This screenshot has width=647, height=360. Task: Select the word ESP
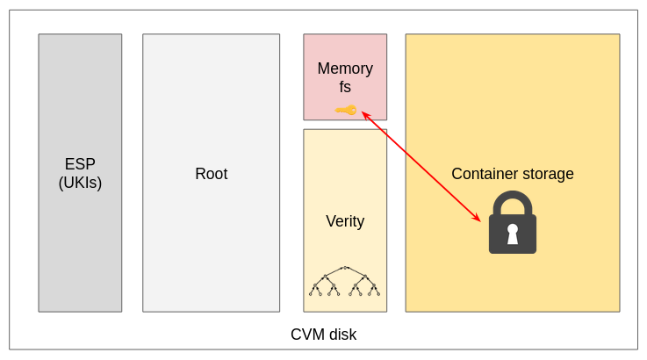tap(80, 164)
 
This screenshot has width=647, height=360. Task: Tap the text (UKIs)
tap(80, 183)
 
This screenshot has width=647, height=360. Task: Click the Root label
tap(211, 174)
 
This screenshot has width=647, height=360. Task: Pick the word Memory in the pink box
tap(345, 68)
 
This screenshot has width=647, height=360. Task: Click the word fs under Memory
tap(345, 87)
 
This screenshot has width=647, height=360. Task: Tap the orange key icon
tap(346, 110)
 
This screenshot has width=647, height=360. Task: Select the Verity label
tap(345, 221)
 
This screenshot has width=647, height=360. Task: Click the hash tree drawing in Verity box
tap(345, 281)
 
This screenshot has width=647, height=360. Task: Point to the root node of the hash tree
tap(345, 268)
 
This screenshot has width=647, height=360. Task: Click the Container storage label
tap(513, 174)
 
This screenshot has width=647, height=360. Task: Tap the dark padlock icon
tap(513, 225)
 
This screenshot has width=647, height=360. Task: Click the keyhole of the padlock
tap(513, 234)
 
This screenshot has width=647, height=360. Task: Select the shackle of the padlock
tap(513, 203)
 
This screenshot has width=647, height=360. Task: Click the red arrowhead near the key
tap(364, 114)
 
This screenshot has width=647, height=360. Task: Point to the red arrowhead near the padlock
tap(478, 219)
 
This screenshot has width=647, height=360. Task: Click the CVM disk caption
tap(323, 335)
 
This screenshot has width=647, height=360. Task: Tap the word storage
tap(549, 174)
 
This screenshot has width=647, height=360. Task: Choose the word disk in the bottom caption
tap(341, 335)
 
